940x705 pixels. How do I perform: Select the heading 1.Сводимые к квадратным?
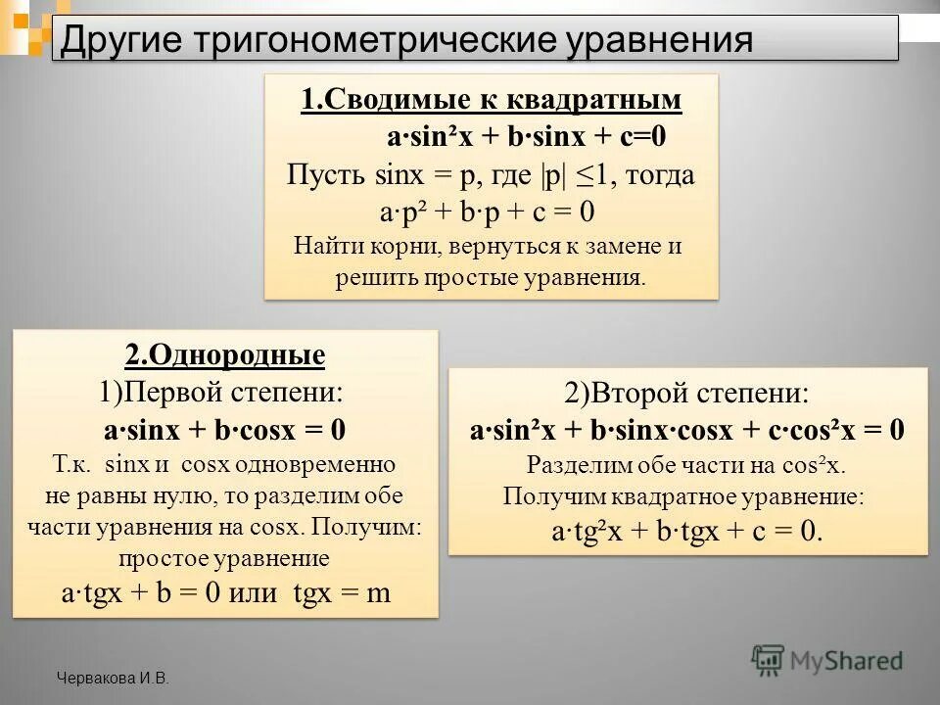[x=492, y=101]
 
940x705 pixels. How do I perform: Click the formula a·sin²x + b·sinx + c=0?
[x=519, y=137]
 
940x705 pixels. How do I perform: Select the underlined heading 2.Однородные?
[x=225, y=354]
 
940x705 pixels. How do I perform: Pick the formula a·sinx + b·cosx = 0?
[x=225, y=430]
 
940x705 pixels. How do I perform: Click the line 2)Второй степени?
[x=687, y=394]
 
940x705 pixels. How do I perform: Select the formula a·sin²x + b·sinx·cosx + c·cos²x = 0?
[x=687, y=430]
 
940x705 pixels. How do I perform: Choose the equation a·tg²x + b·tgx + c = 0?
[x=687, y=532]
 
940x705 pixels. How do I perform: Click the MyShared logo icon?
[x=769, y=660]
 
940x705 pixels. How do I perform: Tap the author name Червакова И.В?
[x=113, y=678]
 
